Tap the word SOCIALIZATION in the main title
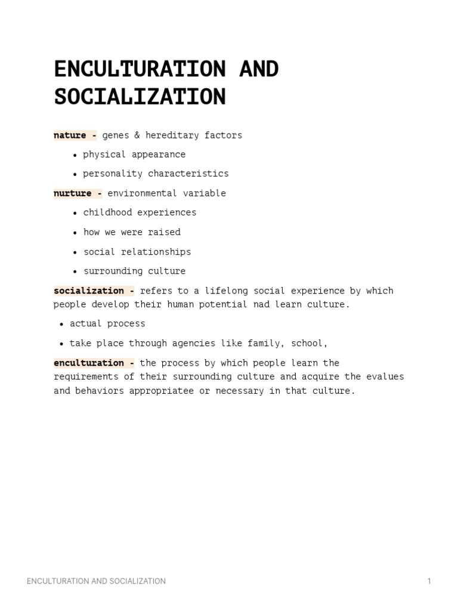point(140,96)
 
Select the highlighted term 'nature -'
point(75,135)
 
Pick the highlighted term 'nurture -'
point(78,193)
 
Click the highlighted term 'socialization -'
point(94,291)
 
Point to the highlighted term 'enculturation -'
point(94,363)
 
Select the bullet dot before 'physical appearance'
point(75,155)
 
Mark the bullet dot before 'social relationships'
point(75,252)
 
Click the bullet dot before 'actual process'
point(61,324)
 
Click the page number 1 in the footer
point(429,581)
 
